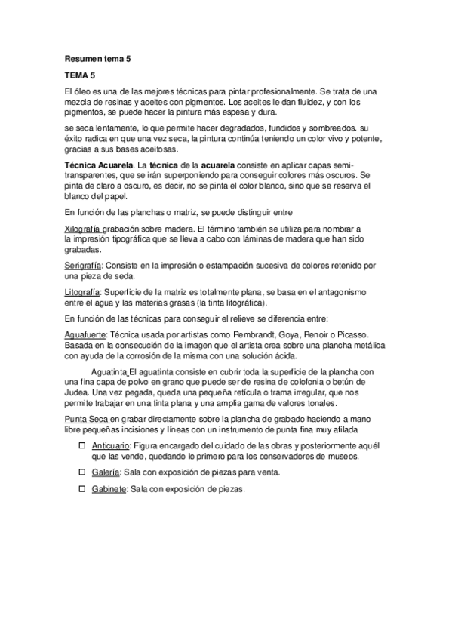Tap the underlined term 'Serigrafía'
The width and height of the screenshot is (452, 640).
83,266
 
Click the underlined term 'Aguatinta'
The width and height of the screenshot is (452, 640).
109,372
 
